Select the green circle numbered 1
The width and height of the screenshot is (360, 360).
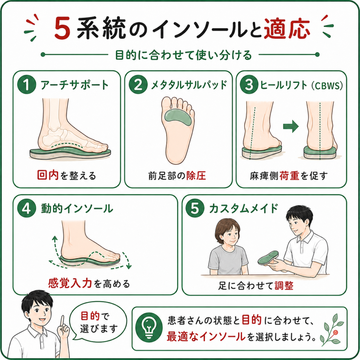coord(27,84)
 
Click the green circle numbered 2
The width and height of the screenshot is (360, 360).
coord(138,84)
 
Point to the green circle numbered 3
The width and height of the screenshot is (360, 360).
coord(249,84)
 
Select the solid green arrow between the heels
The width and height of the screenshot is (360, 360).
coord(291,126)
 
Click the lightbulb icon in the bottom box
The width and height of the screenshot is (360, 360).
coord(149,328)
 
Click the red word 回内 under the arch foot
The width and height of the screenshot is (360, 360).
coord(48,175)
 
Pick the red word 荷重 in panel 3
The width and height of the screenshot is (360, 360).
coord(290,176)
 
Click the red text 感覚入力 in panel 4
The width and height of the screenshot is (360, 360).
coord(70,283)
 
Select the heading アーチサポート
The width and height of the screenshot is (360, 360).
coord(75,85)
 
